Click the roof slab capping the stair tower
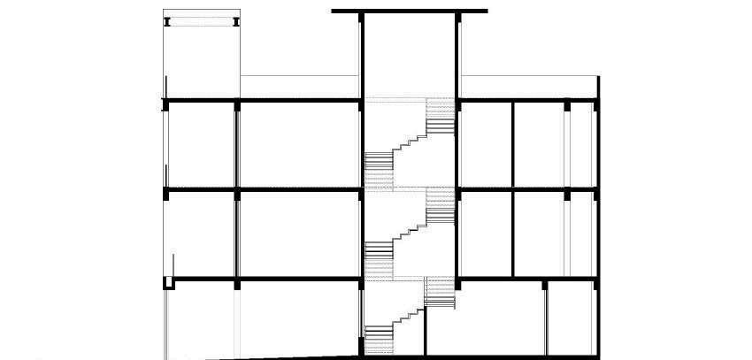pos(410,11)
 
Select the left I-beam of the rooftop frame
pos(166,21)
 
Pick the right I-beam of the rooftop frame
pos(237,21)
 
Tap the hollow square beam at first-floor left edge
pos(167,282)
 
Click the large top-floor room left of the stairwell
pos(299,146)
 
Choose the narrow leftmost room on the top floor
pos(202,146)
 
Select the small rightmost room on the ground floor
pos(571,318)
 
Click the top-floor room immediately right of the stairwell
pos(486,146)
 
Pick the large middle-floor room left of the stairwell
pos(299,234)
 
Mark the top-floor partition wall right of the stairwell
pos(513,146)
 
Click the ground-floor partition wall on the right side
pos(545,318)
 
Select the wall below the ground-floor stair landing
pos(426,332)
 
